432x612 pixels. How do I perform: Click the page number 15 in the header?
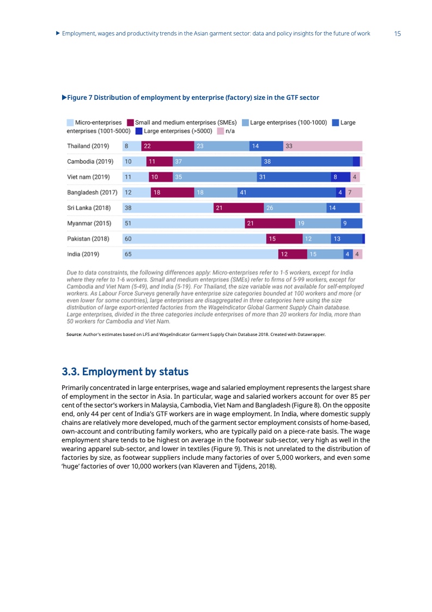pyautogui.click(x=397, y=34)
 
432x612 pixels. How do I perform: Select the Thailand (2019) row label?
pyautogui.click(x=88, y=146)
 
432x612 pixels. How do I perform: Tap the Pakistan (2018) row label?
pyautogui.click(x=88, y=239)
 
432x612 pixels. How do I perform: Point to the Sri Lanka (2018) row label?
pyautogui.click(x=88, y=208)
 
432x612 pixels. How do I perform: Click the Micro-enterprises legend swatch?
pyautogui.click(x=70, y=123)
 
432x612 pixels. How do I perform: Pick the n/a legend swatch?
pyautogui.click(x=220, y=131)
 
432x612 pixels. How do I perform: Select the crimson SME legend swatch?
pyautogui.click(x=130, y=123)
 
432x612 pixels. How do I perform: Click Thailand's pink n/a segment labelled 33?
pyautogui.click(x=323, y=146)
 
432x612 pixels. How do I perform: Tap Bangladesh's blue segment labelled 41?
pyautogui.click(x=287, y=193)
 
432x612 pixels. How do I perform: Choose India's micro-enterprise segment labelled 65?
pyautogui.click(x=199, y=254)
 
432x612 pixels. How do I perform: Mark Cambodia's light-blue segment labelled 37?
pyautogui.click(x=217, y=161)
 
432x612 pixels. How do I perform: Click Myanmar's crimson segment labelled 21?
pyautogui.click(x=270, y=223)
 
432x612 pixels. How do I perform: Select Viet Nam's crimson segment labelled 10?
pyautogui.click(x=160, y=177)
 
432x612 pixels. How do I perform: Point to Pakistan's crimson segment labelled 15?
pyautogui.click(x=284, y=239)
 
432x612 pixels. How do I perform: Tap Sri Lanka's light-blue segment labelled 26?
pyautogui.click(x=295, y=208)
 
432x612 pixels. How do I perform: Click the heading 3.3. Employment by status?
pyautogui.click(x=125, y=372)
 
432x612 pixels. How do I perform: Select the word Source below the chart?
pyautogui.click(x=73, y=343)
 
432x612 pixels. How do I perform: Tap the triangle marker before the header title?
pyautogui.click(x=58, y=34)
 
